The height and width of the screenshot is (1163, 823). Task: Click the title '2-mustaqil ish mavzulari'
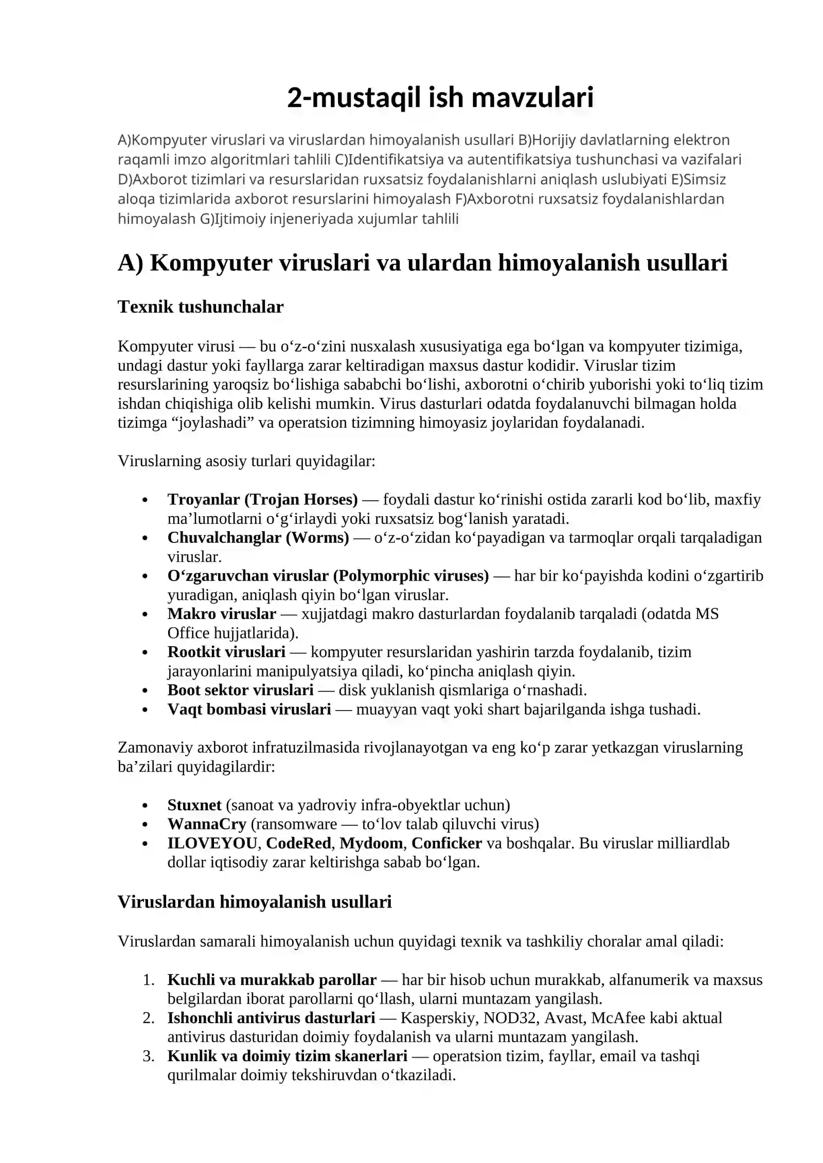[440, 98]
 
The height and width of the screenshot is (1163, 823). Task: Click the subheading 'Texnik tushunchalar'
[201, 307]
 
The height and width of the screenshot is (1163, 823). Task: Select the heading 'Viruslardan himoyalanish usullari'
[255, 901]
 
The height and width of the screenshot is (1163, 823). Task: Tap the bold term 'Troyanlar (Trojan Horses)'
[262, 499]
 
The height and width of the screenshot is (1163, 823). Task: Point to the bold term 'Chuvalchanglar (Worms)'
[258, 537]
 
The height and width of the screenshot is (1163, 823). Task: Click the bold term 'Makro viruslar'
[222, 613]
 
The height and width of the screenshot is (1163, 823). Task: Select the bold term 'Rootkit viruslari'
[226, 651]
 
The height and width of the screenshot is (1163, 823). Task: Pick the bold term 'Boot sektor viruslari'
[240, 689]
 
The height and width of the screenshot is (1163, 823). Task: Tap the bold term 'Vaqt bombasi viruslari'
[249, 709]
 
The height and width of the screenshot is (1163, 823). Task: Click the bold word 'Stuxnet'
[194, 805]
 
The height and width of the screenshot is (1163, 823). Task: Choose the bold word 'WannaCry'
[207, 824]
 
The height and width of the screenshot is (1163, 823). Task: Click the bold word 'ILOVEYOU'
[212, 843]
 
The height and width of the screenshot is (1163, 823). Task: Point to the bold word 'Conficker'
[446, 843]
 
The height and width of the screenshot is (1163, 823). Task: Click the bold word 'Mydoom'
[371, 843]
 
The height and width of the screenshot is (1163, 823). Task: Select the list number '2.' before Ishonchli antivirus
[149, 1017]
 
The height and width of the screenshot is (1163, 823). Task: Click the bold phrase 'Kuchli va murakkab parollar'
[272, 979]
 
